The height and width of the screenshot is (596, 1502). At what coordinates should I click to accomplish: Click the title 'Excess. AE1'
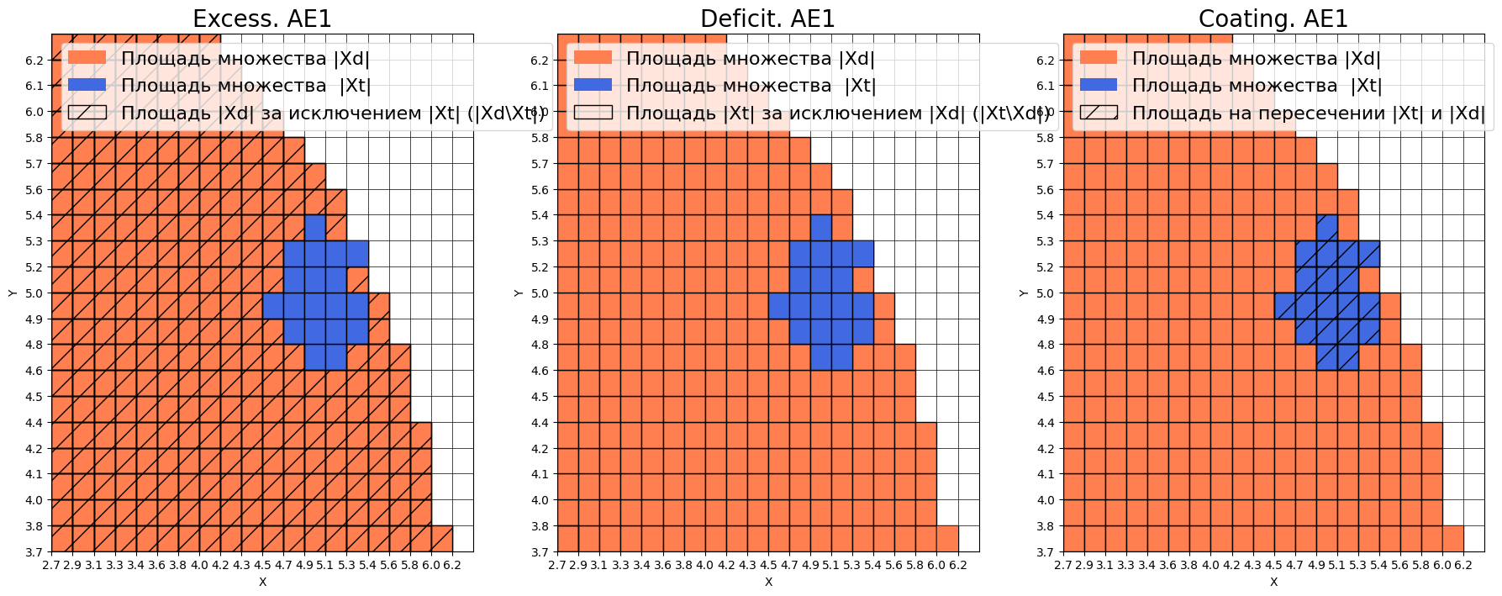click(x=262, y=18)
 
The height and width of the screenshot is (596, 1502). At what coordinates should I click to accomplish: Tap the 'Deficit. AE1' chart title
click(x=767, y=18)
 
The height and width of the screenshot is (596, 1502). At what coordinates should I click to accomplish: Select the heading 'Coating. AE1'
click(x=1273, y=18)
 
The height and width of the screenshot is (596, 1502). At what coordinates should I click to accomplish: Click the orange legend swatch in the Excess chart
click(x=87, y=58)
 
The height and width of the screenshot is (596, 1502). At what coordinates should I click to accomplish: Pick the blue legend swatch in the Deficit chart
click(x=593, y=85)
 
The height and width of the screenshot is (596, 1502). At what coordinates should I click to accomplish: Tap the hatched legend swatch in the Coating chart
click(x=1099, y=113)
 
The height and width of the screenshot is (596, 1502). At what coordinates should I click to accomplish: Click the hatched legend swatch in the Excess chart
click(x=87, y=113)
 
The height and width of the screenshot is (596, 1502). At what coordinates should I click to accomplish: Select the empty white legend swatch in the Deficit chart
click(x=593, y=113)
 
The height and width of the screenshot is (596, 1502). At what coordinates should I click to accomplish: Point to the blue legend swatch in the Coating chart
click(x=1099, y=85)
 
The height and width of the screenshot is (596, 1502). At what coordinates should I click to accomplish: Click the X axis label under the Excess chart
click(x=262, y=582)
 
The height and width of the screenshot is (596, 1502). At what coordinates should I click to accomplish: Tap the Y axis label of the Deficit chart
click(x=518, y=293)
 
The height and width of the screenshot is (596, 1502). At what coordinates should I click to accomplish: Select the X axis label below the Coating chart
click(x=1273, y=582)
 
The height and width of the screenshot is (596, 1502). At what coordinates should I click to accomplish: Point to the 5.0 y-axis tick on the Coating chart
click(x=1045, y=293)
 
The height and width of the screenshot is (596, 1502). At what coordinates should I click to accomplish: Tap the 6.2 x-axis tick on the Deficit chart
click(x=958, y=565)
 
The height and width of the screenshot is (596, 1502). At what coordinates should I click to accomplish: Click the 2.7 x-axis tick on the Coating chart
click(x=1063, y=565)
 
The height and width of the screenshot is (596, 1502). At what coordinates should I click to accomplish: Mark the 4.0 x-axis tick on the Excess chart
click(x=199, y=565)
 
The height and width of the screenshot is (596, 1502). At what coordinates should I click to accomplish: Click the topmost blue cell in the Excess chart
click(x=315, y=228)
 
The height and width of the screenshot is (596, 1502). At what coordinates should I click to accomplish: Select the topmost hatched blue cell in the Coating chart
click(x=1326, y=228)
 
